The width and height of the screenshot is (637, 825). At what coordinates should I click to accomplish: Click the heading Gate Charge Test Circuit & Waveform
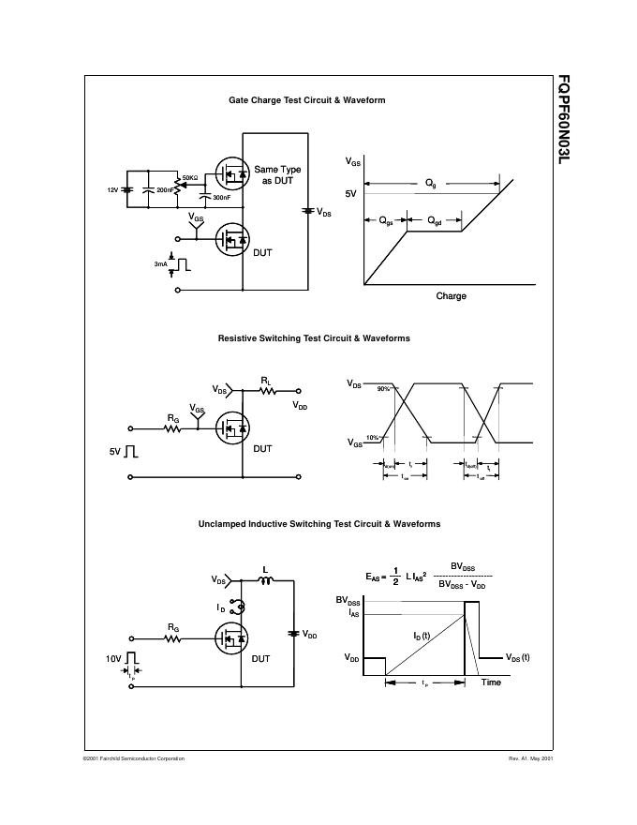pos(307,100)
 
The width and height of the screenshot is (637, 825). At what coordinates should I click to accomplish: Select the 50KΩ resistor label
pos(189,177)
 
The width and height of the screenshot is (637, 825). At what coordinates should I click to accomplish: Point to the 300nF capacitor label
pos(222,198)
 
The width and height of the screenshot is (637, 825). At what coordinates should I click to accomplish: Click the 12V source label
pos(112,189)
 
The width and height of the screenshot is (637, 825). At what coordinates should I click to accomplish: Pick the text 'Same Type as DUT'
pos(277,174)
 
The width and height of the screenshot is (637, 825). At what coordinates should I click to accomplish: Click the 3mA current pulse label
pos(161,265)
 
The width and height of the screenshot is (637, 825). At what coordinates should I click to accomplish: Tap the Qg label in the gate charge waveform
pos(430,185)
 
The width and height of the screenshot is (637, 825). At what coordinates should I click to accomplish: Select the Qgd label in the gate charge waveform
pos(437,220)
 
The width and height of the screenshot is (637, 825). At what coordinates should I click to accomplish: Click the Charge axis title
pos(451,296)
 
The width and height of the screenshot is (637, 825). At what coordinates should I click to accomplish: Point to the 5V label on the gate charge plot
pos(351,193)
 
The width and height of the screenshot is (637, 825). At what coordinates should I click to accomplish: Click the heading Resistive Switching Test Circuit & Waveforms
pos(314,337)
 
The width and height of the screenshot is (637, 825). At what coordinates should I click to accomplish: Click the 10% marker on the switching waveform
pos(372,438)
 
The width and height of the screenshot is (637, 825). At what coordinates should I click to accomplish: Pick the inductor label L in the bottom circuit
pos(265,568)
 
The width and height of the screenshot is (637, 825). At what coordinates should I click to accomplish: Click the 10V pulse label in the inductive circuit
pos(114,659)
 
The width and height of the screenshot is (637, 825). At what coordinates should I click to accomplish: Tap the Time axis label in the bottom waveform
pos(491,682)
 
